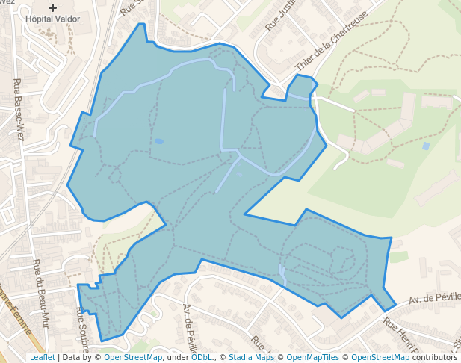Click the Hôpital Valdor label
53,17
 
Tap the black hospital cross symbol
52,7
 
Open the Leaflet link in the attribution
43,357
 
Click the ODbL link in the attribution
201,357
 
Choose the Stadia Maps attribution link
250,357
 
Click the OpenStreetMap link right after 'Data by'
133,357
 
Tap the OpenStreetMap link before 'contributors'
380,357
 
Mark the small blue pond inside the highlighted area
158,140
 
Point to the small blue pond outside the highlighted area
426,146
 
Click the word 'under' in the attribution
177,357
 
